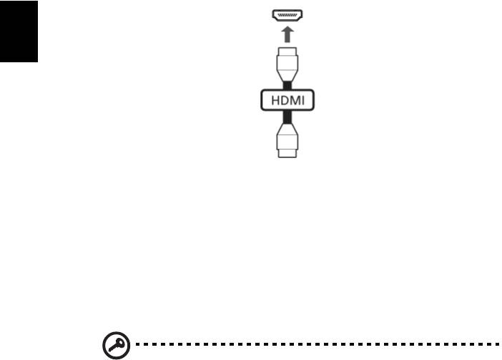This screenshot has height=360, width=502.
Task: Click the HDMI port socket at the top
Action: [287, 15]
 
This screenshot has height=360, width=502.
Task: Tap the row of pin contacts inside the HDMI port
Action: [287, 15]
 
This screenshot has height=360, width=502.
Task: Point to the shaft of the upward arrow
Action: [287, 37]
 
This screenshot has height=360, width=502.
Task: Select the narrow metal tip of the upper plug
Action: [287, 52]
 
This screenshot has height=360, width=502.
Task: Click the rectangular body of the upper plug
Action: [287, 63]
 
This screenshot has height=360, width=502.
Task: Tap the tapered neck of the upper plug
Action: [287, 77]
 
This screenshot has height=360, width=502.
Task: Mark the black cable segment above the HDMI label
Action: [287, 86]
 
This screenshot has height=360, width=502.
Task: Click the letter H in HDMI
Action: [275, 100]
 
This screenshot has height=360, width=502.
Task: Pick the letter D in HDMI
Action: [285, 100]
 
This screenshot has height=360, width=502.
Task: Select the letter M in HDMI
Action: [295, 100]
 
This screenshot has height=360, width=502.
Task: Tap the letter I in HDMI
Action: [303, 100]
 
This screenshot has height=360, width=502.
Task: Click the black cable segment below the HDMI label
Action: [287, 117]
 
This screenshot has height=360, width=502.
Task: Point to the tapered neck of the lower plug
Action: [287, 129]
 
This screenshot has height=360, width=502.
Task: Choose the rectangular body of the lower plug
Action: [287, 142]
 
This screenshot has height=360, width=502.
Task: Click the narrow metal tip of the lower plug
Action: [287, 153]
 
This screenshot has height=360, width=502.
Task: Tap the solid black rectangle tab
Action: [19, 31]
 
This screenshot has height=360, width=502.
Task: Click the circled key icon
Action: [117, 345]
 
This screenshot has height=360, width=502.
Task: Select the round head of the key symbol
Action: [119, 343]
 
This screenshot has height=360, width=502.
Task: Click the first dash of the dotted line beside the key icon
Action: [138, 344]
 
